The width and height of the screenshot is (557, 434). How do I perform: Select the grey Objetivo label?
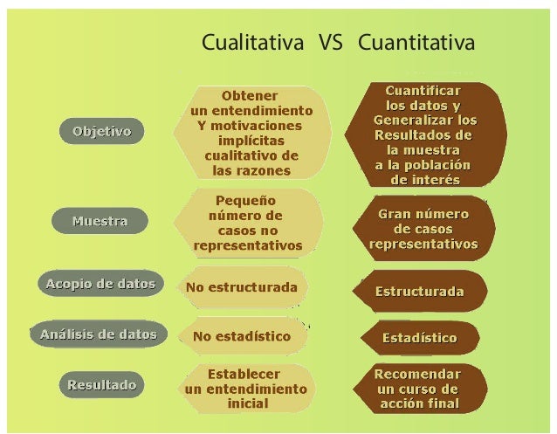click(102, 132)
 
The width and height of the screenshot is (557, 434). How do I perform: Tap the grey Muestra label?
click(100, 221)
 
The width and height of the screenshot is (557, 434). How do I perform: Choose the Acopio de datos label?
click(99, 284)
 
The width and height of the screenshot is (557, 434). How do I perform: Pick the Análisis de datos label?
click(99, 334)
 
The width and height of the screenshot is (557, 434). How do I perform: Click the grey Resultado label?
click(103, 383)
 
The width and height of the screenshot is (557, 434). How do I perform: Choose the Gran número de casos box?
click(423, 229)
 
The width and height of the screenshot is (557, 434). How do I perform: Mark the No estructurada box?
click(241, 287)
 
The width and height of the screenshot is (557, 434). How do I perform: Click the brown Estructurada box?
click(419, 291)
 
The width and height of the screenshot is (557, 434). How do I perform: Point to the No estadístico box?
click(241, 335)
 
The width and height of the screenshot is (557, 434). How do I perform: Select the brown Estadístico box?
click(419, 337)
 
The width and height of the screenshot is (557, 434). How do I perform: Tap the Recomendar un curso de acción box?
click(417, 389)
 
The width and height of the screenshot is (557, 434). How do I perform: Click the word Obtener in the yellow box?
click(251, 95)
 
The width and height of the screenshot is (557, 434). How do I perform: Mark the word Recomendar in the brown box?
click(417, 373)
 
